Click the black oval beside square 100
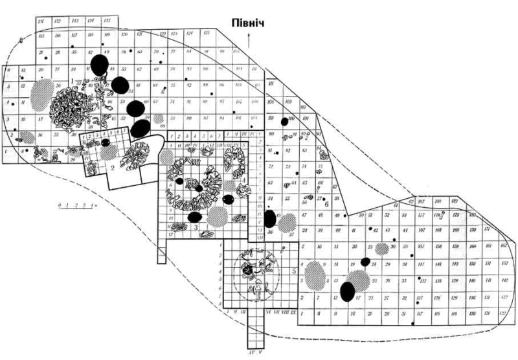[284, 122]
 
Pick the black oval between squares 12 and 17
[348, 291]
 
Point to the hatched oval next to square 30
[382, 247]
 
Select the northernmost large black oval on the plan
[99, 64]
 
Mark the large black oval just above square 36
[270, 218]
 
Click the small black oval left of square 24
[365, 262]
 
